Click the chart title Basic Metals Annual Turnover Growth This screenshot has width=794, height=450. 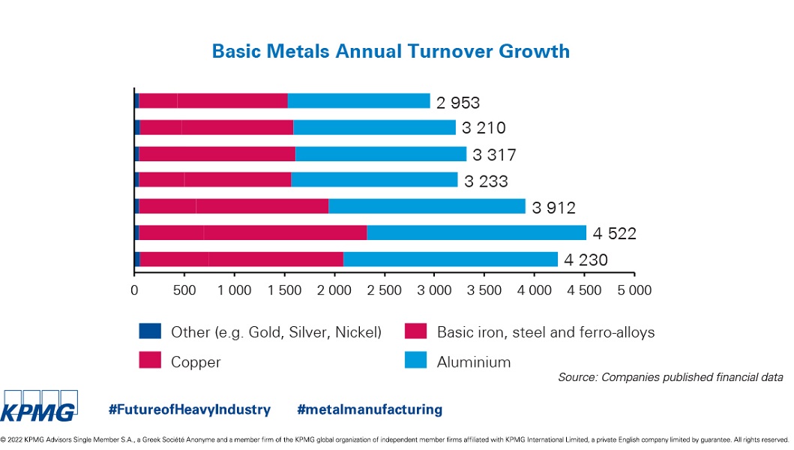[x=391, y=52]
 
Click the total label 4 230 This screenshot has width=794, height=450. [x=586, y=260]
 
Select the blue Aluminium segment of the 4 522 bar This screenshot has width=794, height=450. [x=476, y=232]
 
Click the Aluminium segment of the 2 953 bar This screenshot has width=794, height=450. [x=358, y=101]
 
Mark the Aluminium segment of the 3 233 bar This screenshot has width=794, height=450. [x=374, y=180]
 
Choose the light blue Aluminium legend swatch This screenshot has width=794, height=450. [x=416, y=361]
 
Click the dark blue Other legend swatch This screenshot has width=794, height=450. [x=150, y=331]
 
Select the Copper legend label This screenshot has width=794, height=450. [x=196, y=361]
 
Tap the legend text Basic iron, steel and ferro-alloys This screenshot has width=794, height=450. [x=546, y=331]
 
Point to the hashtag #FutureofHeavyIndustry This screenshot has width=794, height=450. [x=189, y=409]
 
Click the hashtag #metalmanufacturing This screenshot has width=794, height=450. [x=370, y=409]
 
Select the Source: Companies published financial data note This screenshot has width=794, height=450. [x=670, y=377]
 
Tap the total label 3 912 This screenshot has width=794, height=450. [x=554, y=208]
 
